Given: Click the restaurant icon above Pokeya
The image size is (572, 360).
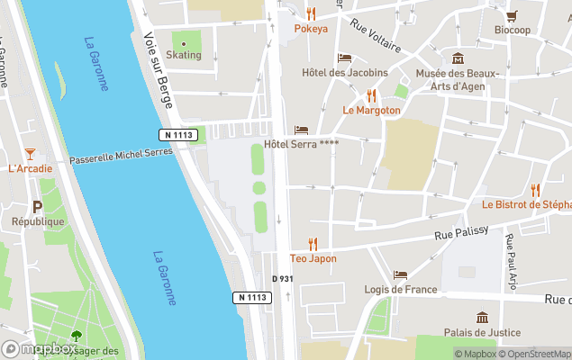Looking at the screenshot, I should click(311, 13).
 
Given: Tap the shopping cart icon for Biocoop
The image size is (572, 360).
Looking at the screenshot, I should click(512, 15).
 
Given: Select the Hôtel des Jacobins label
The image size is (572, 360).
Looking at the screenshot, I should click(345, 73).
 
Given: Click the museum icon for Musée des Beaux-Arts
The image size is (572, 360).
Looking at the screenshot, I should click(458, 58).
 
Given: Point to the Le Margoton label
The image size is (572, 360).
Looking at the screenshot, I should click(371, 110).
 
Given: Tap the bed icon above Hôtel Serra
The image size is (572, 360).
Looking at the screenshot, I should click(301, 130).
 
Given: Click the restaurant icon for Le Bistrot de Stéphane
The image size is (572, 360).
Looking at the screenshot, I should click(535, 190).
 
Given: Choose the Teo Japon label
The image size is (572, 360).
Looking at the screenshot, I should click(313, 258).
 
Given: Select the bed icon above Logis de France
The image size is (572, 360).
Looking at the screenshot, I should click(400, 274).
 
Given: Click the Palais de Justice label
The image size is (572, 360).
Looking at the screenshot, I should click(482, 332).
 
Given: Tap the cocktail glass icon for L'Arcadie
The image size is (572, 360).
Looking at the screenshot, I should click(30, 154).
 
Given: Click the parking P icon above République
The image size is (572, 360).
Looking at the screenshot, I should click(38, 207).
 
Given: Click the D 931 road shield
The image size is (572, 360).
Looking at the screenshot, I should click(283, 279).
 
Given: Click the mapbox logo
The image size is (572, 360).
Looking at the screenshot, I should click(40, 348).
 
